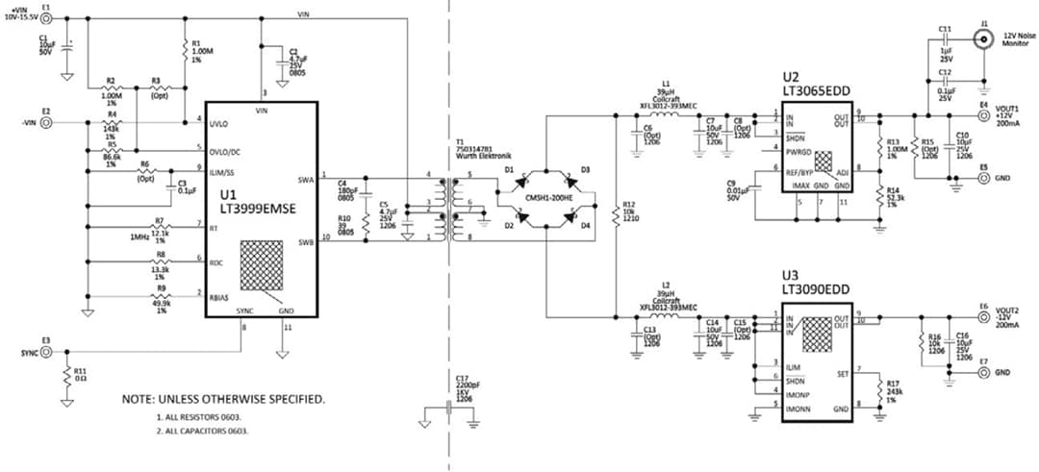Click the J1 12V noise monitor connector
[983, 38]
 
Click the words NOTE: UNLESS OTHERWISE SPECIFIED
[222, 398]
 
